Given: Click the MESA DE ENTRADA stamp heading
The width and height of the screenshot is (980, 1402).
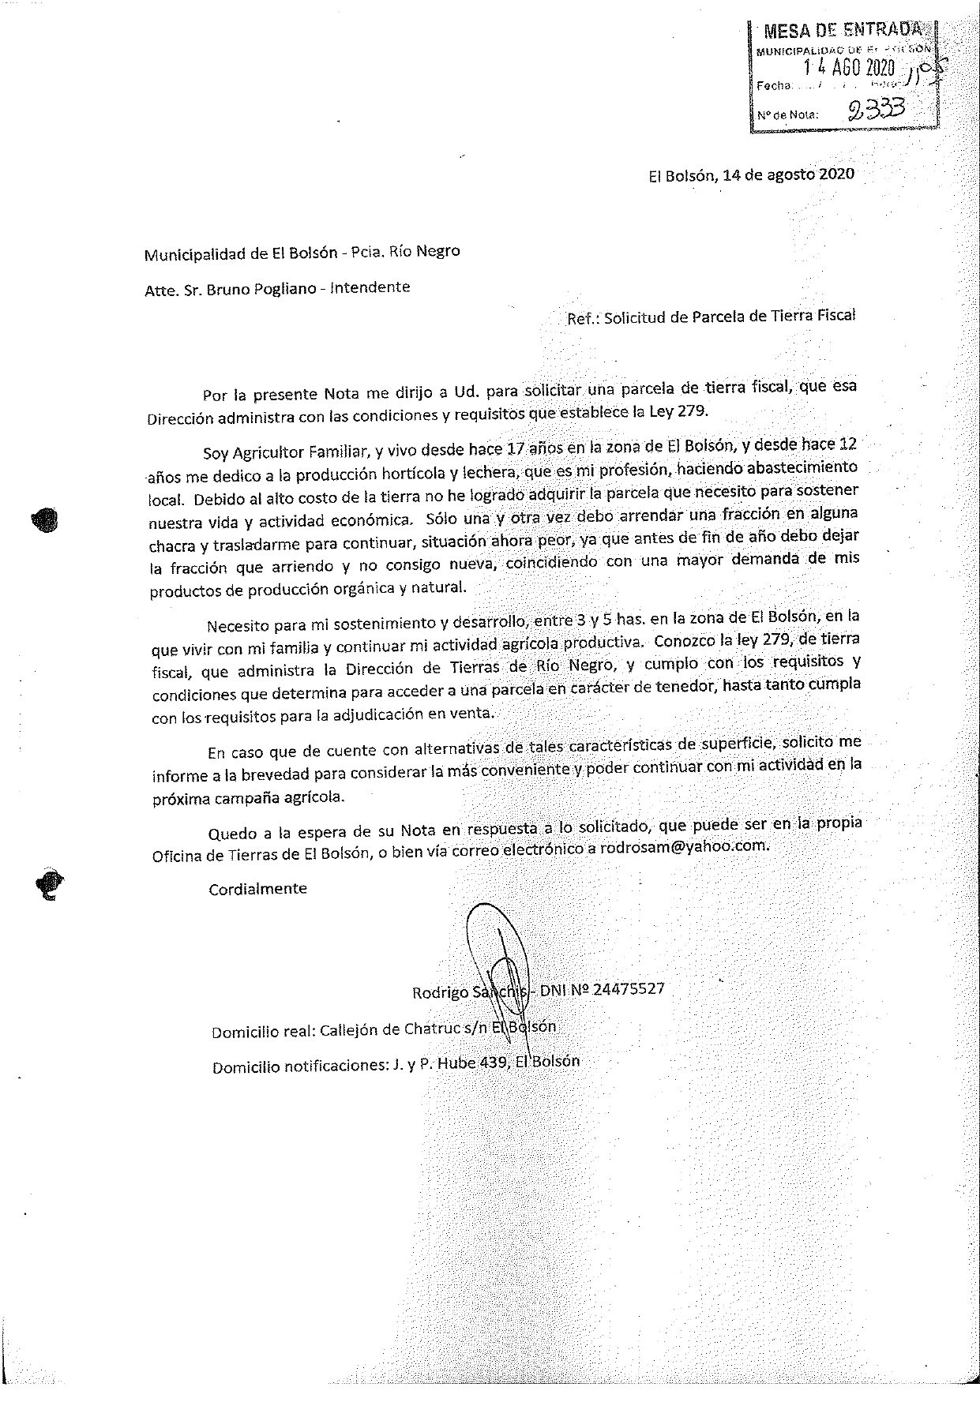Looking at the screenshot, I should pyautogui.click(x=842, y=31).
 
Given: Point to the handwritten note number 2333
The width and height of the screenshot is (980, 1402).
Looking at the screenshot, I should pyautogui.click(x=876, y=109).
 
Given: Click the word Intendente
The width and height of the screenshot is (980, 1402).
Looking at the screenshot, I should pyautogui.click(x=370, y=287).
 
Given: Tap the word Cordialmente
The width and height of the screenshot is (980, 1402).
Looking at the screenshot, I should pyautogui.click(x=257, y=888).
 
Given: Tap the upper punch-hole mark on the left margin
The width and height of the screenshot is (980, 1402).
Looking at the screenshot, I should pyautogui.click(x=47, y=518).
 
